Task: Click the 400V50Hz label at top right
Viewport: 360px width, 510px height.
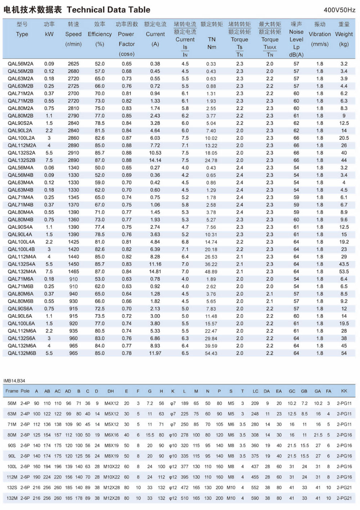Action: (x=339, y=10)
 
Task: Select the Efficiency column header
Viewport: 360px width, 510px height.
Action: (x=100, y=34)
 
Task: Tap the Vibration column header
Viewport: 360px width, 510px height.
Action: (x=320, y=34)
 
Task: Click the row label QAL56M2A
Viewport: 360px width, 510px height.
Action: (x=21, y=64)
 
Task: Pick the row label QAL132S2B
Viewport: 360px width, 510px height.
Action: (x=22, y=160)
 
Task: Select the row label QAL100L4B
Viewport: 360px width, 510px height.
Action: (x=21, y=249)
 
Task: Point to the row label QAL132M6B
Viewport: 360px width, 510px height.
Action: (x=22, y=353)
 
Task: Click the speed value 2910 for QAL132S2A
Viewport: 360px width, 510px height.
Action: (x=73, y=153)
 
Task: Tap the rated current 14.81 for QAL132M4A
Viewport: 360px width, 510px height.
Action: (x=155, y=272)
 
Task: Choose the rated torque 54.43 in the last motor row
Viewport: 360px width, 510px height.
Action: (x=211, y=353)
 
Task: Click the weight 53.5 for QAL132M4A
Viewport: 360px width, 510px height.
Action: (x=344, y=272)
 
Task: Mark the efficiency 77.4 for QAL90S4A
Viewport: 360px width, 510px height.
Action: (x=100, y=227)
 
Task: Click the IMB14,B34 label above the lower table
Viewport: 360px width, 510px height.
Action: (x=14, y=381)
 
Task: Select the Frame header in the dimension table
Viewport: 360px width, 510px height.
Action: (x=12, y=391)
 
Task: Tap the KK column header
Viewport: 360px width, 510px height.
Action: (x=344, y=391)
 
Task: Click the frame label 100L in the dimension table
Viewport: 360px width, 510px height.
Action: (x=12, y=466)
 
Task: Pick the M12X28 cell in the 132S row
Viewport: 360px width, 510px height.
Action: (x=112, y=487)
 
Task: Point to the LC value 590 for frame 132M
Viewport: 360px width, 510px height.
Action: (x=255, y=498)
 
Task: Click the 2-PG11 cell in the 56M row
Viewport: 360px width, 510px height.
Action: (x=344, y=403)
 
